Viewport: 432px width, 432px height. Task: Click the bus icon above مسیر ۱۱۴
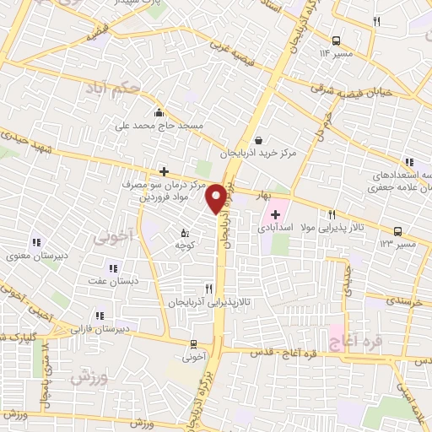[336, 40]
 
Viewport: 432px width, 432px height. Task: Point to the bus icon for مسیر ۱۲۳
[397, 230]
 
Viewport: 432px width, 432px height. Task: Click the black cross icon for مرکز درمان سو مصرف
[164, 170]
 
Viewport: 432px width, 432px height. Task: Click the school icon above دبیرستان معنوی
[35, 242]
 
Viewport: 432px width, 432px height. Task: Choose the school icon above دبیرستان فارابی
[100, 316]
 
